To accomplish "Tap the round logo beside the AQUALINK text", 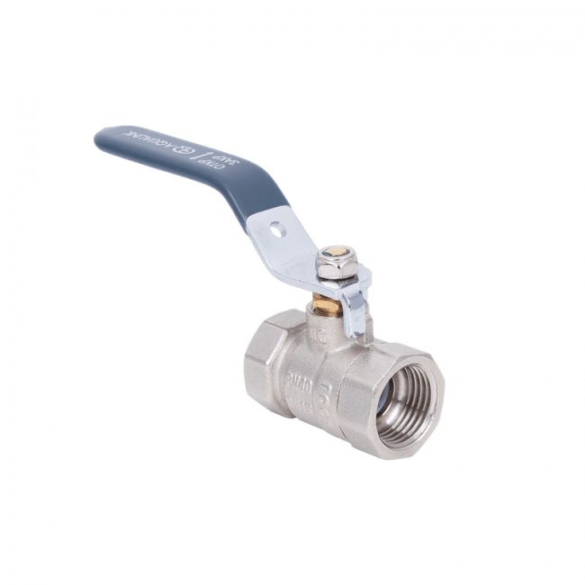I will point(176,147).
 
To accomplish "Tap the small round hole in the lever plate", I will point(277,230).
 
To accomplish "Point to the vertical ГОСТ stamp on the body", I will point(328,383).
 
